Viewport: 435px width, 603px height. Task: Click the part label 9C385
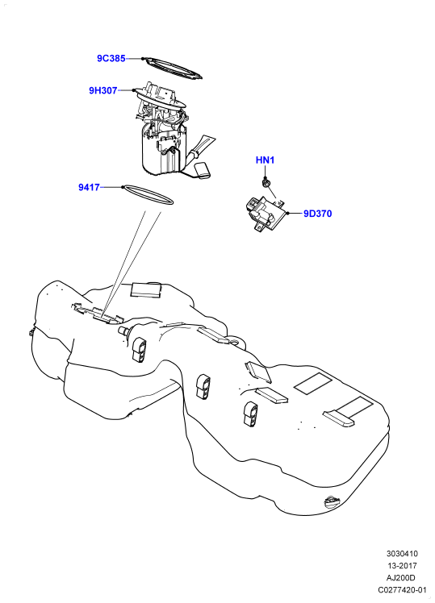111,59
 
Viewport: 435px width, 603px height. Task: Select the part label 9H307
103,91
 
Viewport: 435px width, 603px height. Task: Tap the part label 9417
89,187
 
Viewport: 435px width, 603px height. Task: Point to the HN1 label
265,160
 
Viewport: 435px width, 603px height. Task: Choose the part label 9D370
318,214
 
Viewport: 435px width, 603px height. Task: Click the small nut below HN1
266,183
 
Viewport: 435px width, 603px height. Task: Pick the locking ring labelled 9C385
172,69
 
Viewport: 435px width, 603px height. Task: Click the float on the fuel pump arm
203,171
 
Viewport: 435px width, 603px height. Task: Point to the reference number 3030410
402,554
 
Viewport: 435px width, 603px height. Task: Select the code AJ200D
401,578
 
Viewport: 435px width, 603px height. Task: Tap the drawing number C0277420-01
402,590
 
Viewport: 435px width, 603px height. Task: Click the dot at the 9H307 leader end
134,91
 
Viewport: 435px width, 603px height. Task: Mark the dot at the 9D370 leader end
287,213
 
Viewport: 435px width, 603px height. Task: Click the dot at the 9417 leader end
123,187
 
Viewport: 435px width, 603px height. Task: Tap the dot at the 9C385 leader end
142,59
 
